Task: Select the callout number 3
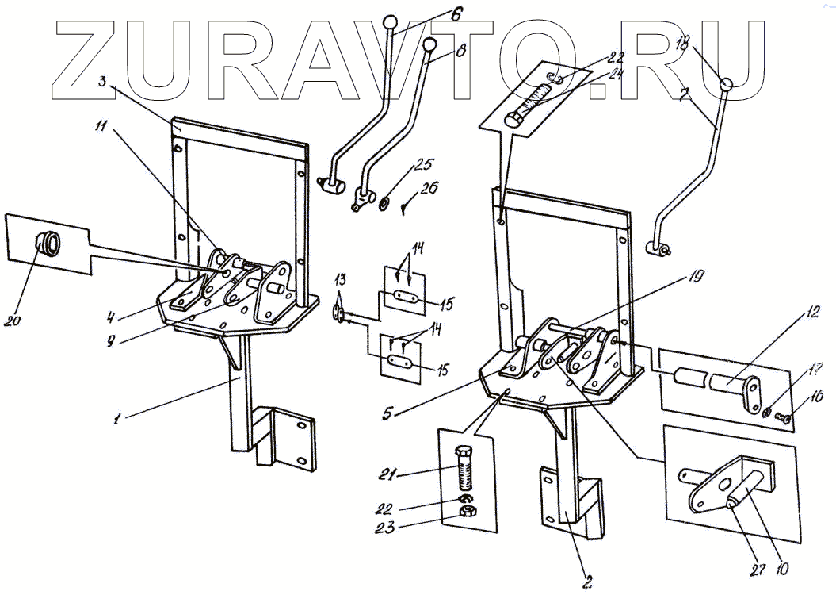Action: coord(103,82)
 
